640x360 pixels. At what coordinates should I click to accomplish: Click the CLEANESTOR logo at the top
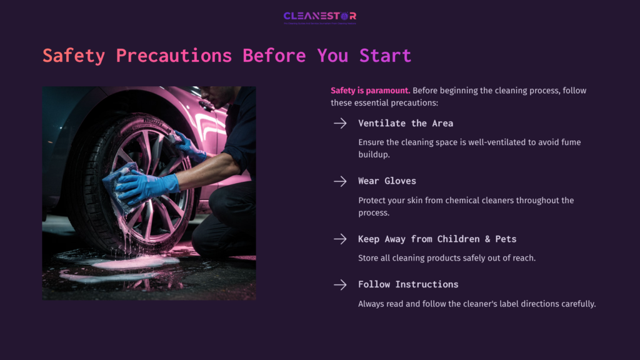point(319,16)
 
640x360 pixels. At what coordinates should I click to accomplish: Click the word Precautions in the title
point(173,56)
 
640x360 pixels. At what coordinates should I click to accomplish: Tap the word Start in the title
point(385,56)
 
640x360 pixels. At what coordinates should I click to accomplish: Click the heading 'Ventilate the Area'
point(405,123)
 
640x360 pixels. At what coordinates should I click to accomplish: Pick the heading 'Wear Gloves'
point(387,181)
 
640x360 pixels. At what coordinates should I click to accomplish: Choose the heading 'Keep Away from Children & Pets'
point(437,239)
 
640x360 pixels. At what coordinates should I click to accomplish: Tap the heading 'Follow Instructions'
point(408,284)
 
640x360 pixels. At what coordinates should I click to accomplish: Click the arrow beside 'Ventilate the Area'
point(340,123)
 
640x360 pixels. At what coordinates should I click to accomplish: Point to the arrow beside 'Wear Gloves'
point(340,181)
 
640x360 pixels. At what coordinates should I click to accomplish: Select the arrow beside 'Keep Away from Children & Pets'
point(340,239)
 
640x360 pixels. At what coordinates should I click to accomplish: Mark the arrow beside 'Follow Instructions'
point(340,285)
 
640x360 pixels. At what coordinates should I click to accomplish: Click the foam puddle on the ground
point(125,262)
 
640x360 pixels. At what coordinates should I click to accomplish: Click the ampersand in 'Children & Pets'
point(484,239)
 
